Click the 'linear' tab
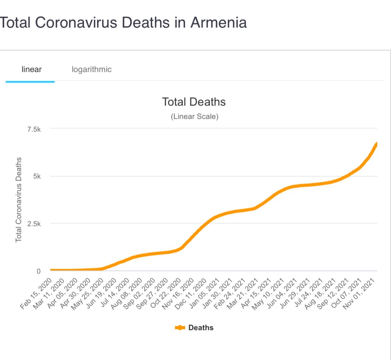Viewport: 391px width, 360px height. (31, 69)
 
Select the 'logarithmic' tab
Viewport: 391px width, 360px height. (92, 69)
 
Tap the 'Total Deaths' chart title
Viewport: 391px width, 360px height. (194, 102)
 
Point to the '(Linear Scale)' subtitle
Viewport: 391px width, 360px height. (194, 117)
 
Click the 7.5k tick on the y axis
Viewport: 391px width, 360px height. (34, 129)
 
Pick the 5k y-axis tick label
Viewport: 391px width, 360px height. (37, 177)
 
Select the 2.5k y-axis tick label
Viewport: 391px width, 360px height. (34, 224)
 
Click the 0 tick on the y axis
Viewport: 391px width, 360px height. (39, 271)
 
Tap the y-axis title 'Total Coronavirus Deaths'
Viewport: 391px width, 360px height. (18, 199)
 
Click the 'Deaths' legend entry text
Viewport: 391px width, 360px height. (201, 328)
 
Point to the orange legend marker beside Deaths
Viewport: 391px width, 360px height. (180, 328)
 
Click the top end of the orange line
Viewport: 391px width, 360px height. (376, 144)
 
